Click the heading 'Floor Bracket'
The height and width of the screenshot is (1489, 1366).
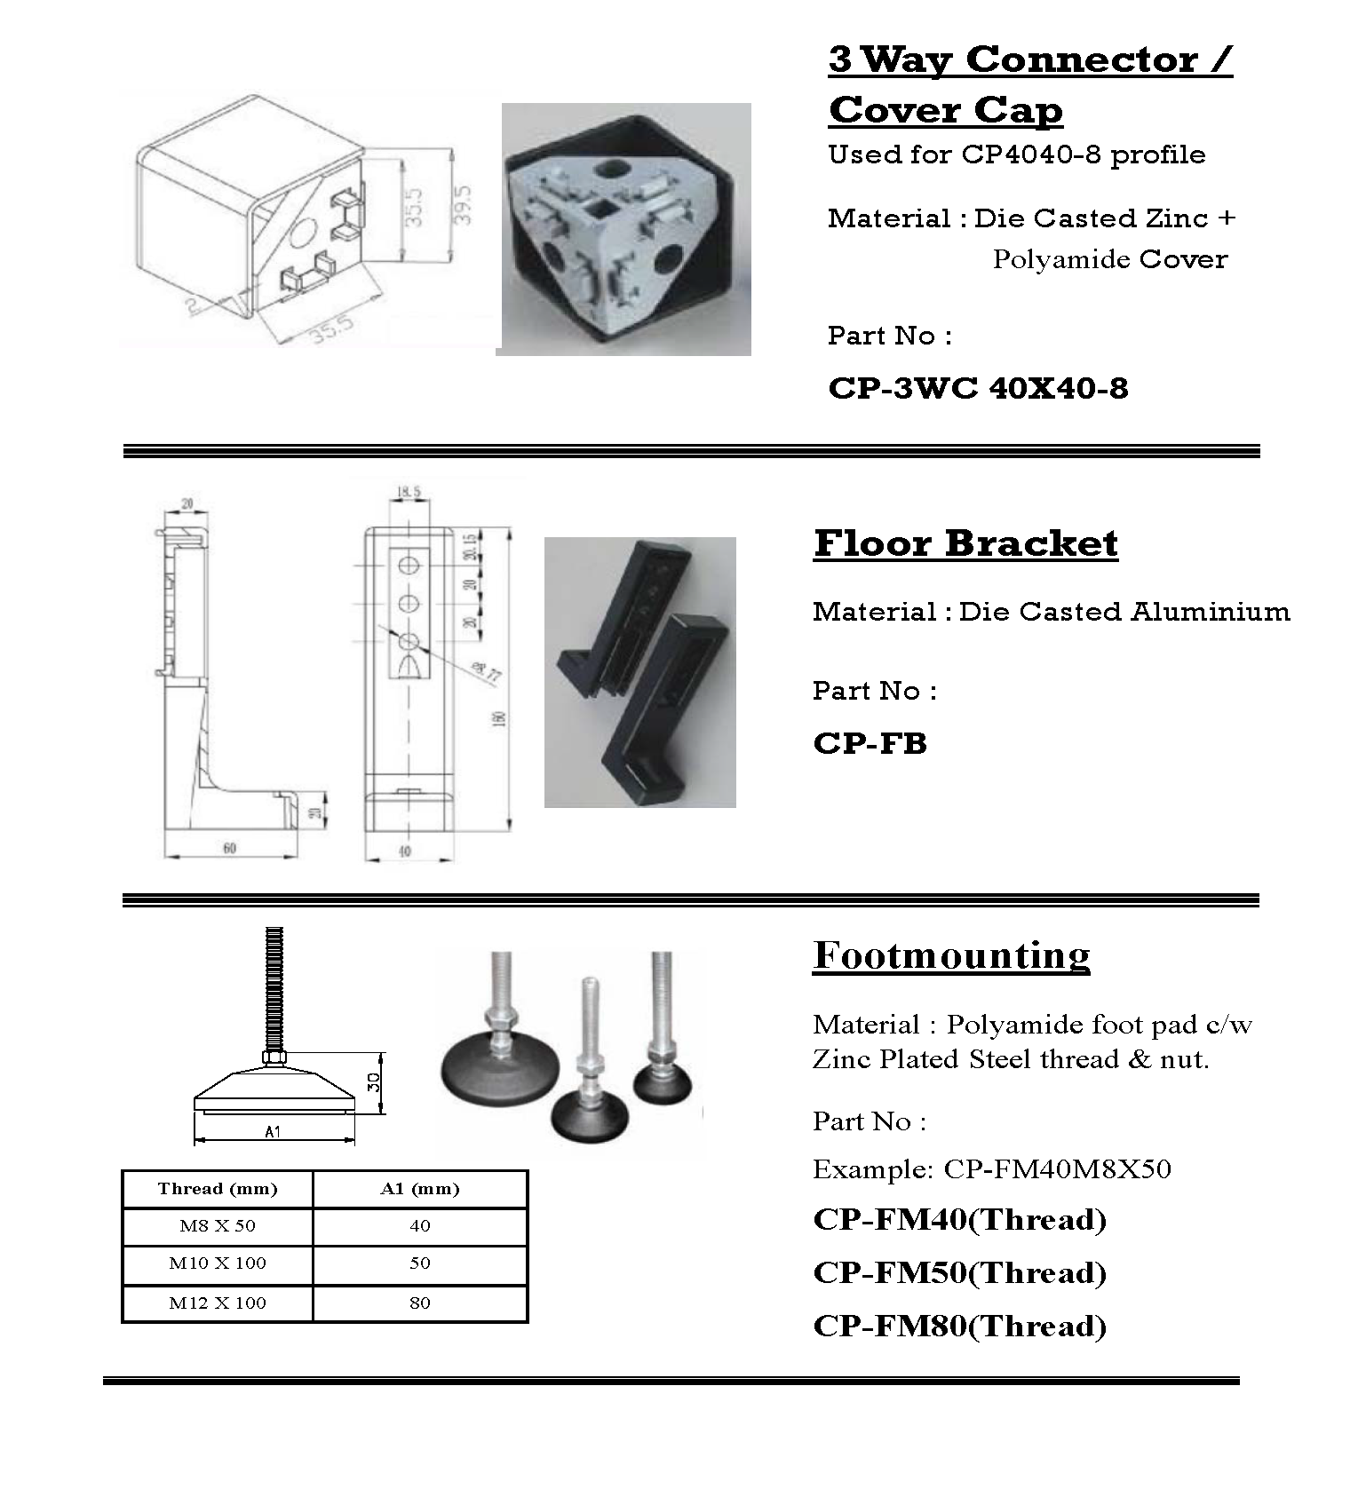pyautogui.click(x=965, y=543)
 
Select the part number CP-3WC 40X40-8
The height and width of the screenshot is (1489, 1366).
pyautogui.click(x=978, y=388)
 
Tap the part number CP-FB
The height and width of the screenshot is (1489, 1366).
pyautogui.click(x=870, y=742)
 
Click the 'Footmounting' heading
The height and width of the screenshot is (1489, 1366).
pyautogui.click(x=951, y=955)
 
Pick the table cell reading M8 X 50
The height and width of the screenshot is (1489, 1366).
pyautogui.click(x=218, y=1226)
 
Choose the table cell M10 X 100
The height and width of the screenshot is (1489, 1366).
pyautogui.click(x=218, y=1263)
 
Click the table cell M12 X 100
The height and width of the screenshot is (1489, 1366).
pyautogui.click(x=218, y=1303)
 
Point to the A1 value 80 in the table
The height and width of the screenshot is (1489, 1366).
pyautogui.click(x=420, y=1303)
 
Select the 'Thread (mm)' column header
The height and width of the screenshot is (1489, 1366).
pyautogui.click(x=218, y=1189)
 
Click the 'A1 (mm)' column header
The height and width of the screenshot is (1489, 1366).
pyautogui.click(x=420, y=1189)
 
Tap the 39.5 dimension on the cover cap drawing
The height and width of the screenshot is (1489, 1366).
pyautogui.click(x=464, y=206)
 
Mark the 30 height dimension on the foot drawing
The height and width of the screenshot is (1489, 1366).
pyautogui.click(x=375, y=1081)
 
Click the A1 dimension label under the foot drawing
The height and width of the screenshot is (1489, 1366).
pyautogui.click(x=273, y=1132)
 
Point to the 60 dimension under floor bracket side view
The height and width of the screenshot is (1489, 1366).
pyautogui.click(x=230, y=849)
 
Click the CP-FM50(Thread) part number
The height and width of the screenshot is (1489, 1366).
pyautogui.click(x=959, y=1273)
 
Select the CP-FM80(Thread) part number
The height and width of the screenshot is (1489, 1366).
pyautogui.click(x=959, y=1327)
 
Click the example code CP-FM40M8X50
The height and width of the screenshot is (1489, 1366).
pyautogui.click(x=1057, y=1169)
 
